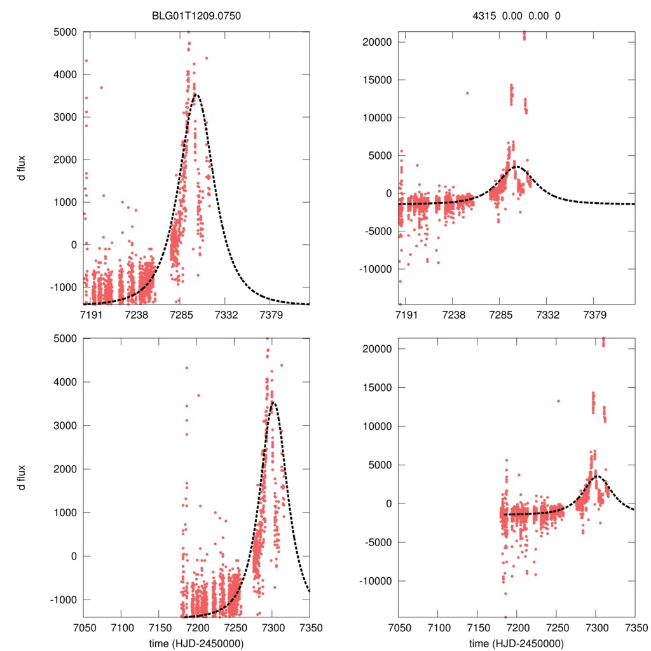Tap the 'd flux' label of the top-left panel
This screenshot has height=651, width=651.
coord(22,167)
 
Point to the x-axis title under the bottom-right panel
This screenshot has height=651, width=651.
coord(516,643)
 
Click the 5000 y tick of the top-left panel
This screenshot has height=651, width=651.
coord(64,32)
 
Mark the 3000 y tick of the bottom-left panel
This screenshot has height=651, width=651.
coord(64,425)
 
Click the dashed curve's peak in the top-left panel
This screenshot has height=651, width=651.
coord(196,95)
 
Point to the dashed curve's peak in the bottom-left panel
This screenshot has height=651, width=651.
coord(273,402)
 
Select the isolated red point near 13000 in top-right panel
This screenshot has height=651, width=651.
coord(467,93)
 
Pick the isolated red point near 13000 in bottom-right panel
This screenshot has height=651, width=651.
coord(558,401)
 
